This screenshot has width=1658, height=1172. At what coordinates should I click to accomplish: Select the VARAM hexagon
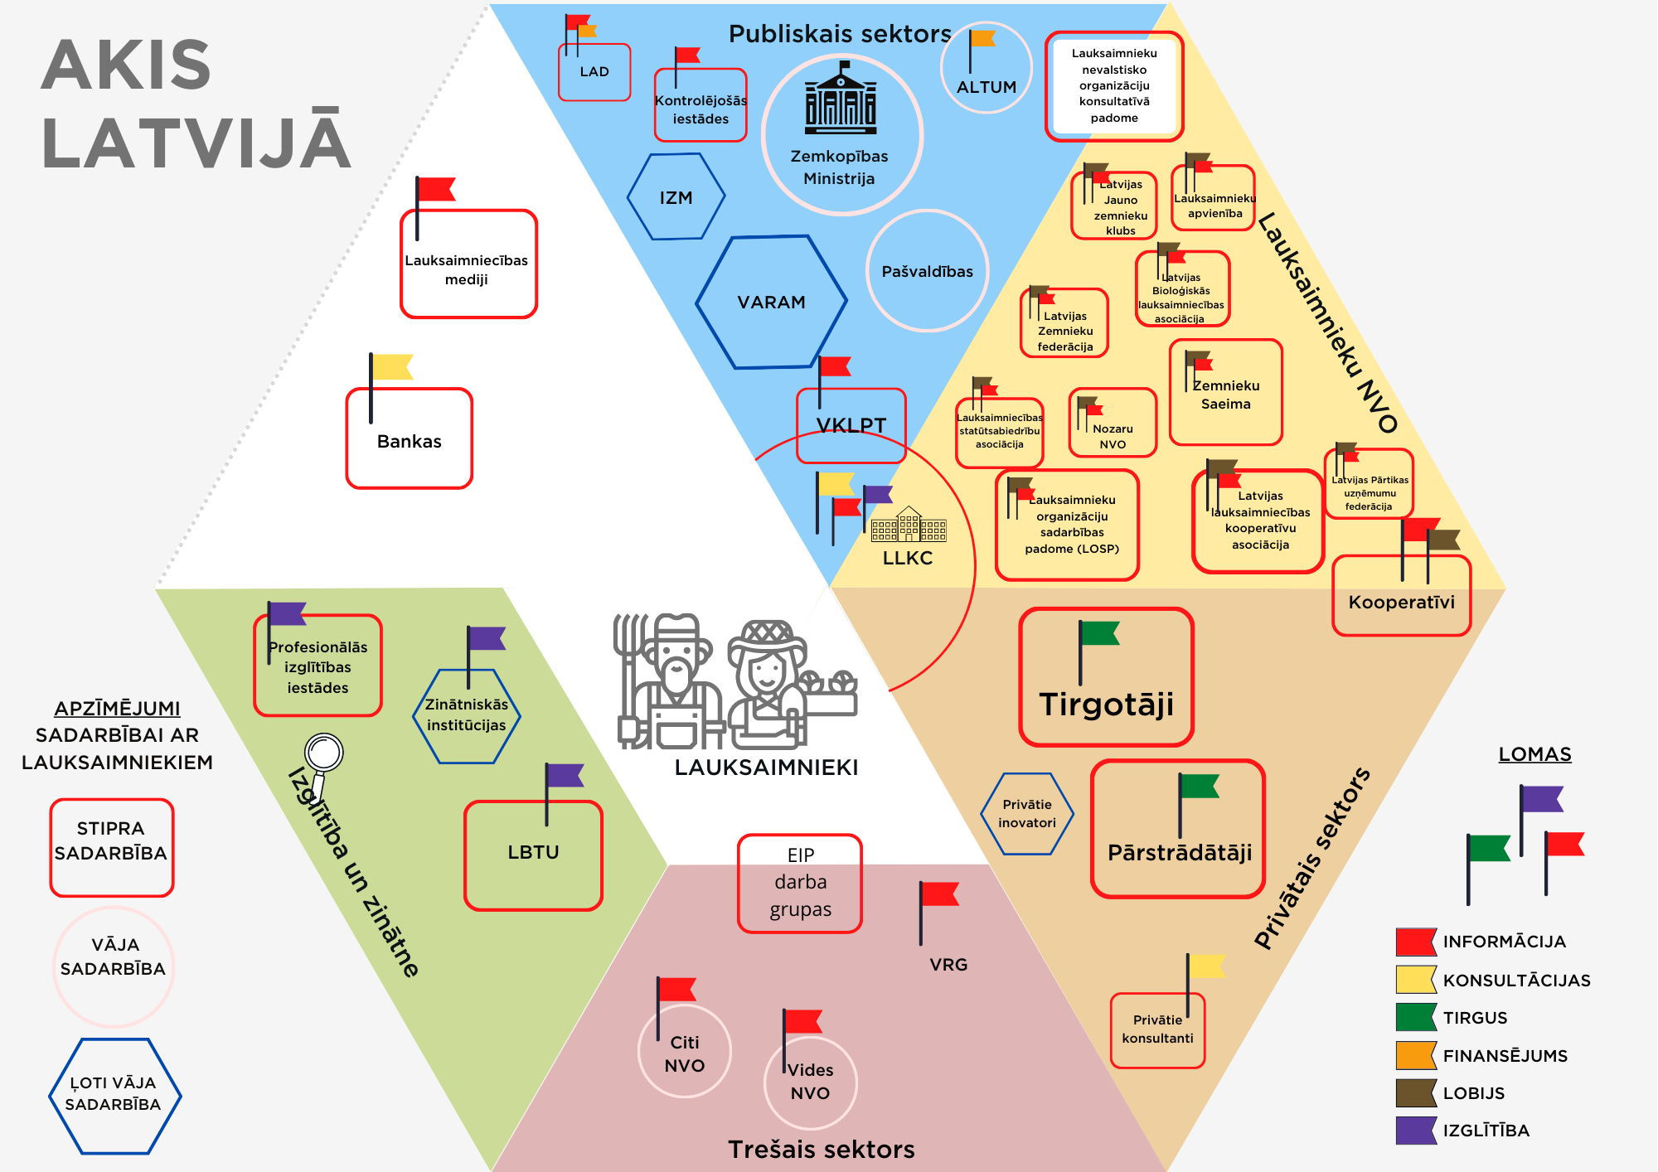pos(771,302)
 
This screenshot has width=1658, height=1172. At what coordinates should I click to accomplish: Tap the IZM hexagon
pos(676,197)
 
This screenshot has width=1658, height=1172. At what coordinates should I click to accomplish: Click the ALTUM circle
pos(986,68)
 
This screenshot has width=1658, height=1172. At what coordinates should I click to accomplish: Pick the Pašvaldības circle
pos(927,271)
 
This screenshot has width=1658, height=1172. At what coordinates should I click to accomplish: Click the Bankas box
pos(410,439)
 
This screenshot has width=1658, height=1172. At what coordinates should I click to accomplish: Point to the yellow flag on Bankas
pos(391,366)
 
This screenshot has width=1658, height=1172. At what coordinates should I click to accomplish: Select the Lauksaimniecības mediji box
pos(468,264)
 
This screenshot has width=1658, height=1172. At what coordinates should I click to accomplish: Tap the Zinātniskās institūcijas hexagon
pos(466,715)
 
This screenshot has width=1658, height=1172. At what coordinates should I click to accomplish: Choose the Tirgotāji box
pos(1106,678)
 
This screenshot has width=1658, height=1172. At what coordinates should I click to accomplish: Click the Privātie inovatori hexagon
pos(1027,813)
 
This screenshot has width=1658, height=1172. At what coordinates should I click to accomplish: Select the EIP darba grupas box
pos(800,883)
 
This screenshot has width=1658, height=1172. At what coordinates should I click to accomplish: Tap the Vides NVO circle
pos(810,1082)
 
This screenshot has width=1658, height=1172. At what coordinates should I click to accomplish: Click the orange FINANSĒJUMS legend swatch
pos(1415,1055)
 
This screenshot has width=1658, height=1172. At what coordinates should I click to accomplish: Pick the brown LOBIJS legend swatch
pos(1415,1093)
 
